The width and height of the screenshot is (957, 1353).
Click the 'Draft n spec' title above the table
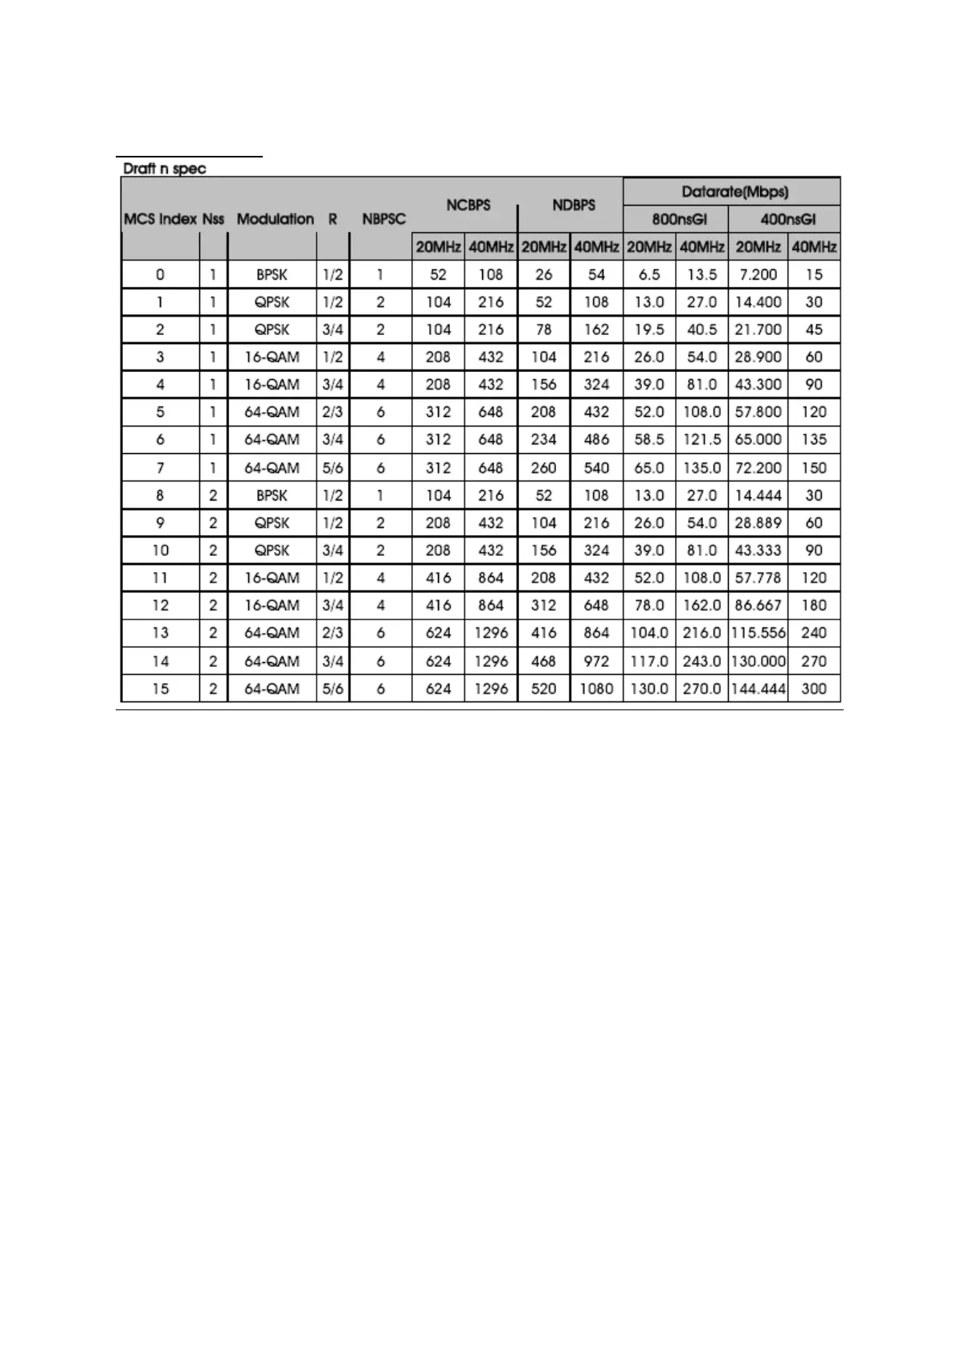(164, 169)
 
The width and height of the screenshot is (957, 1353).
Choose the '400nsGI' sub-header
(787, 219)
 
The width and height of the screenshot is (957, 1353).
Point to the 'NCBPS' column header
(468, 205)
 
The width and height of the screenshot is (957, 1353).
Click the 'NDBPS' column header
(574, 205)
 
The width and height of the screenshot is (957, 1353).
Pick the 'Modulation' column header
(275, 219)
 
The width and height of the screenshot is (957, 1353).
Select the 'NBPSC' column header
(383, 219)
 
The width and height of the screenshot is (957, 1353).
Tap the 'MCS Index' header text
(160, 219)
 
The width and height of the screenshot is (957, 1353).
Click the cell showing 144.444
(758, 689)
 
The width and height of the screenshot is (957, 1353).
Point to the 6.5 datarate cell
(648, 275)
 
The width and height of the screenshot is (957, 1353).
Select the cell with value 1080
(596, 689)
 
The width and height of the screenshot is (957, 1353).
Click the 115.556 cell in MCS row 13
(758, 633)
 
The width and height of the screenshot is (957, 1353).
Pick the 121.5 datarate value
(701, 439)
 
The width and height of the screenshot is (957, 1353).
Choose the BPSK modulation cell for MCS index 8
(272, 496)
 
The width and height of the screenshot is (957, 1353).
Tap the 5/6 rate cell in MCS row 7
(333, 468)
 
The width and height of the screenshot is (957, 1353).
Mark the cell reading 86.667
(758, 605)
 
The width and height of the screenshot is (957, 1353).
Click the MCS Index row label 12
(161, 605)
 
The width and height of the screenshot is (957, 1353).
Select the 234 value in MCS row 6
(544, 439)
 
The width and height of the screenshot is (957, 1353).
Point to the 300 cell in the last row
(814, 689)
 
